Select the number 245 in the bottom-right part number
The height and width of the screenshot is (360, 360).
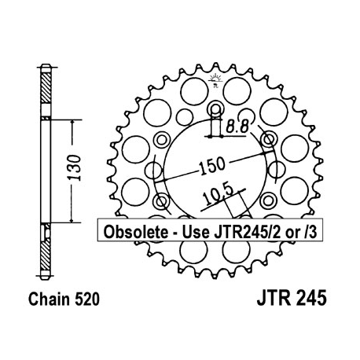pyautogui.click(x=307, y=299)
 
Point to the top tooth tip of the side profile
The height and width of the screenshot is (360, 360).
pyautogui.click(x=46, y=64)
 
